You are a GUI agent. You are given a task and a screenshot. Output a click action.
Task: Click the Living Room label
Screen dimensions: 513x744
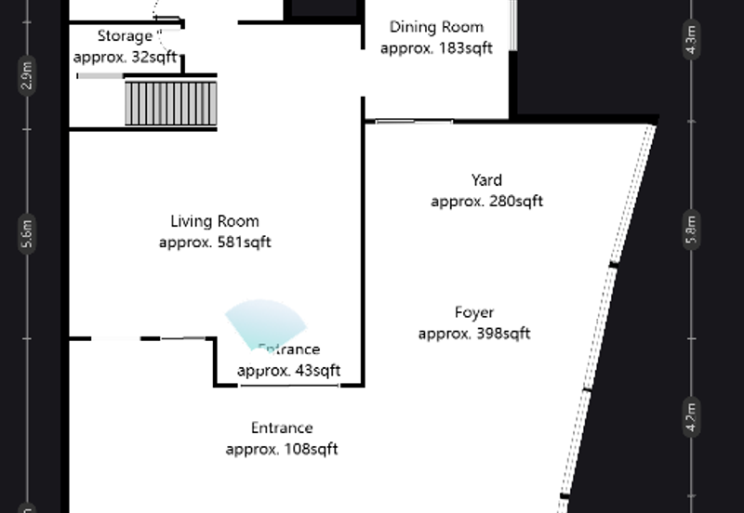(x=215, y=221)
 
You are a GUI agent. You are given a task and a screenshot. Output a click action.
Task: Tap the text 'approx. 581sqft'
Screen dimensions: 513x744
(x=215, y=243)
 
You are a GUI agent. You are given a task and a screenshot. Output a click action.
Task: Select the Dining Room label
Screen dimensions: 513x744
(x=436, y=27)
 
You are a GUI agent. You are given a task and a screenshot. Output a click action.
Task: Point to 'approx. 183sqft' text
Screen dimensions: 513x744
(x=436, y=48)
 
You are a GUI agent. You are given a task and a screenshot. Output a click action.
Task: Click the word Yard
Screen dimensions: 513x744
(x=486, y=180)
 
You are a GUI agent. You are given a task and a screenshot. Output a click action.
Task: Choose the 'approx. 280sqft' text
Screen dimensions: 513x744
(x=486, y=201)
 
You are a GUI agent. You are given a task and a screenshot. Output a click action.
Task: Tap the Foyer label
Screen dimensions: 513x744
(x=474, y=312)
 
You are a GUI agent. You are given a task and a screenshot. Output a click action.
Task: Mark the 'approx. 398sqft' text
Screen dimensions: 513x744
(x=474, y=334)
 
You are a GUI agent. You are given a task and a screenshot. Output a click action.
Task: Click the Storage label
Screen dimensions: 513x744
(x=125, y=36)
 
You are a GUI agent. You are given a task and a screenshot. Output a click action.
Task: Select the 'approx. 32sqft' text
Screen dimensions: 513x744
(x=125, y=57)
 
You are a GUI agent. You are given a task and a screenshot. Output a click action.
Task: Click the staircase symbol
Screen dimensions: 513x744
(x=171, y=102)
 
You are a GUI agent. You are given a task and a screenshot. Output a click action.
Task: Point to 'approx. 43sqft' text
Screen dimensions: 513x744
(x=288, y=370)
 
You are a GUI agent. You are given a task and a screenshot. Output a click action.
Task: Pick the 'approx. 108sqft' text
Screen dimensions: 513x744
(x=282, y=449)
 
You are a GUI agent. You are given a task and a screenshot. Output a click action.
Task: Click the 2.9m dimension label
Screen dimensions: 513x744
(x=28, y=75)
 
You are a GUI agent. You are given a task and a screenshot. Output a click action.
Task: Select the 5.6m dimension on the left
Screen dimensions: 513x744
(x=28, y=234)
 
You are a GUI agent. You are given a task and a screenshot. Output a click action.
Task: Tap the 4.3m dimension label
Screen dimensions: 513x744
(x=691, y=42)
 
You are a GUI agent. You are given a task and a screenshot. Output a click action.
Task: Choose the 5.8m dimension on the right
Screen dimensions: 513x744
(x=691, y=229)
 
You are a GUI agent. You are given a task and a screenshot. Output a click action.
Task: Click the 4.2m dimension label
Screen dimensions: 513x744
(x=691, y=414)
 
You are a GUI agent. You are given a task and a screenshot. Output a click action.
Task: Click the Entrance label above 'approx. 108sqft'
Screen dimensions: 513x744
(x=282, y=427)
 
